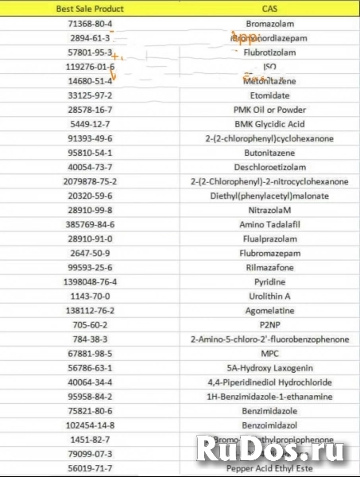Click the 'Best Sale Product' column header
click(91, 10)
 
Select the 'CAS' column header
click(269, 10)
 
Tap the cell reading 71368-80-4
click(91, 24)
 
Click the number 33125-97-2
click(91, 95)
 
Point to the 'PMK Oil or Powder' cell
click(270, 110)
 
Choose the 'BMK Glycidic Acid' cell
click(270, 124)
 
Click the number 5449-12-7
click(91, 124)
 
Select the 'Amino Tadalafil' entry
click(270, 225)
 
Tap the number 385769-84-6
click(91, 225)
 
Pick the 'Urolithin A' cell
click(270, 297)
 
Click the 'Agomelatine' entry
click(270, 311)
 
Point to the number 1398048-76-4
click(91, 282)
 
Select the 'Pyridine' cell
click(270, 282)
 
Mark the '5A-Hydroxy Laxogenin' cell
click(270, 368)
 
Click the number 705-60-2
click(91, 325)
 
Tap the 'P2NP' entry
click(270, 325)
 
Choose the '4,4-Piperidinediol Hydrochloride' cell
click(270, 382)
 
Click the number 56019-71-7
click(91, 469)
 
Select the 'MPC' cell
click(270, 354)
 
